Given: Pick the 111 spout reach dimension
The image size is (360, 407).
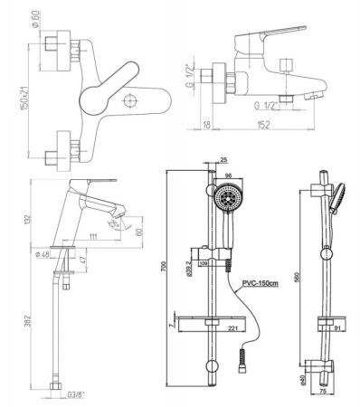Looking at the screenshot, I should [x=94, y=236].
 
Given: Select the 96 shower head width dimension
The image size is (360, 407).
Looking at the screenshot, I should [x=227, y=176].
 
